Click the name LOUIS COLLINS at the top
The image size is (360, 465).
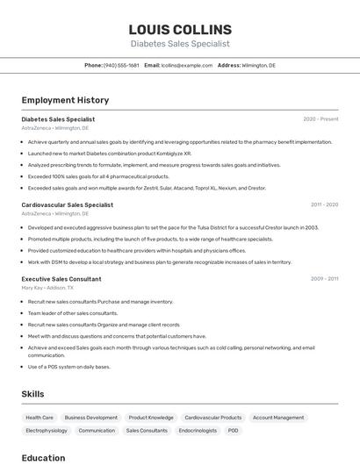pyautogui.click(x=180, y=30)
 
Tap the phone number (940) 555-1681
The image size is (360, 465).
pyautogui.click(x=121, y=65)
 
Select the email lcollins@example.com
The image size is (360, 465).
pyautogui.click(x=187, y=65)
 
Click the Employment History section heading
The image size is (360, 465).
pyautogui.click(x=65, y=100)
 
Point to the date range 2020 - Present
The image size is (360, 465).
pyautogui.click(x=320, y=119)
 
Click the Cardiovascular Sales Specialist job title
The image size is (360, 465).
pyautogui.click(x=67, y=204)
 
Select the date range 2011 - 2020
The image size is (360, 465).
pyautogui.click(x=324, y=204)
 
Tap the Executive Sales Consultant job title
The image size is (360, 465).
pyautogui.click(x=61, y=279)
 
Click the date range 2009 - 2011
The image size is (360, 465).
pyautogui.click(x=324, y=279)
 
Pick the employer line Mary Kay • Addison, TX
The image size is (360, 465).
pyautogui.click(x=47, y=288)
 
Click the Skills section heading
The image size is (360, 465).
pyautogui.click(x=32, y=394)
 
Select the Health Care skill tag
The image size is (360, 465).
pyautogui.click(x=40, y=418)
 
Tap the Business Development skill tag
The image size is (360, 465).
pyautogui.click(x=90, y=418)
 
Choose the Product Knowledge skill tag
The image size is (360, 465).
pyautogui.click(x=151, y=418)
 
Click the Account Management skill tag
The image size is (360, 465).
pyautogui.click(x=278, y=418)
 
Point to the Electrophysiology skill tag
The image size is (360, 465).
pyautogui.click(x=47, y=431)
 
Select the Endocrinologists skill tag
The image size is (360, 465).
pyautogui.click(x=198, y=431)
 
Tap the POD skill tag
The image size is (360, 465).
pyautogui.click(x=234, y=431)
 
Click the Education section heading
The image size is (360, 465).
pyautogui.click(x=43, y=458)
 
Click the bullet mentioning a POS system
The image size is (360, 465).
pyautogui.click(x=69, y=367)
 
